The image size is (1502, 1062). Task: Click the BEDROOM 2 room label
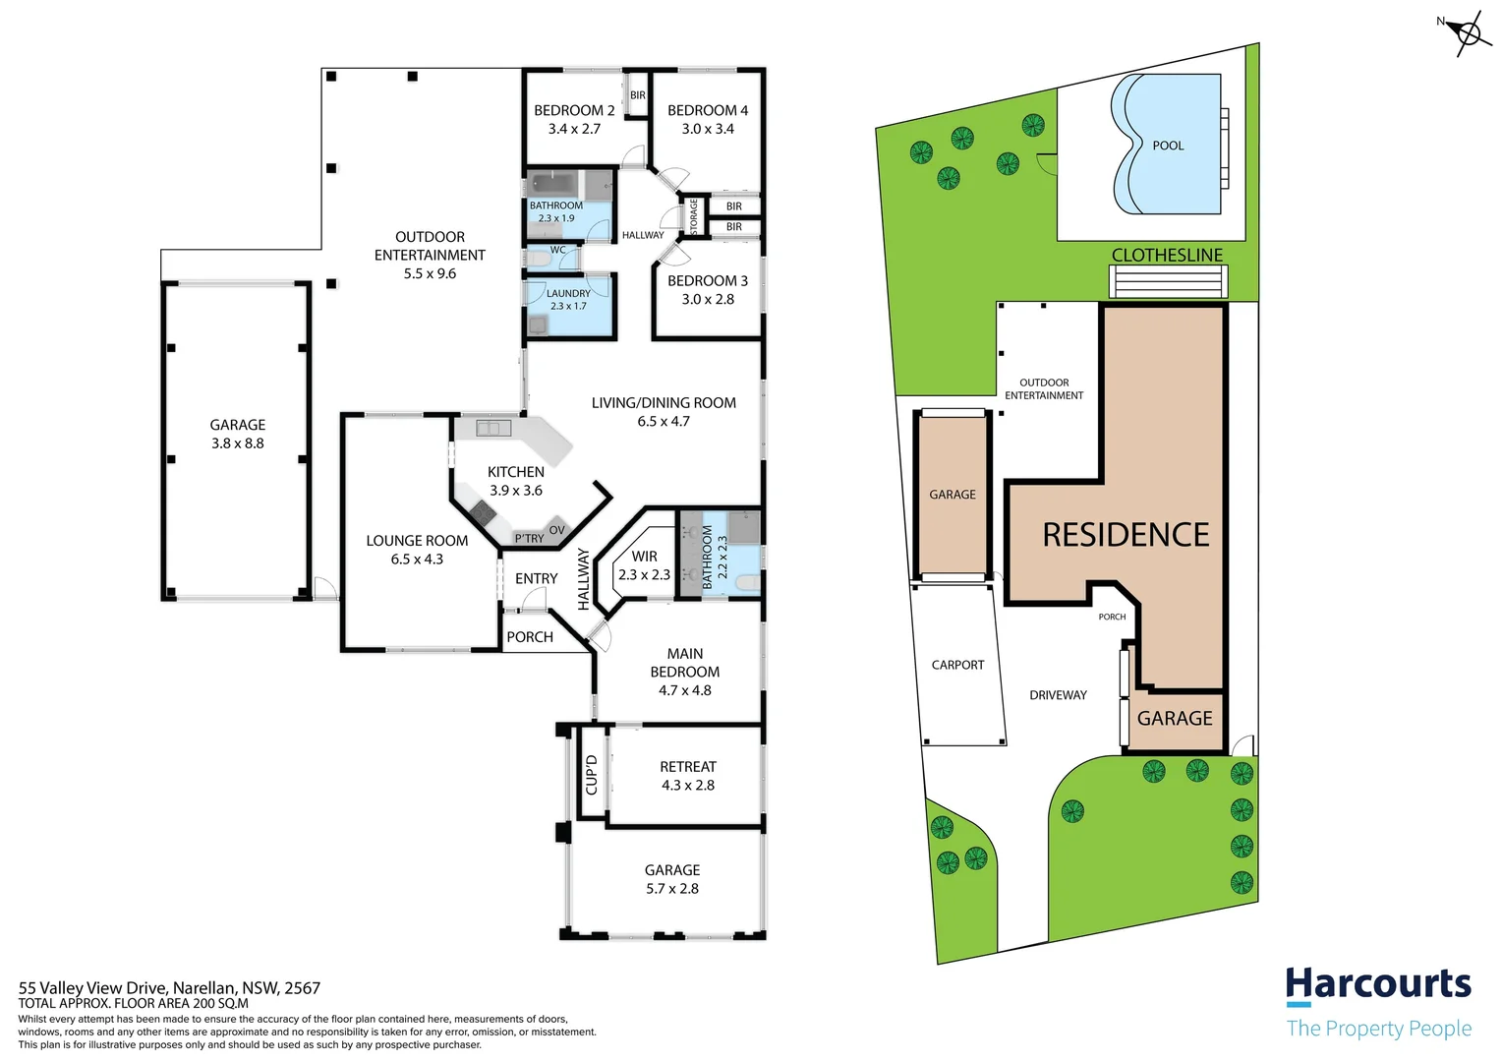click(x=574, y=110)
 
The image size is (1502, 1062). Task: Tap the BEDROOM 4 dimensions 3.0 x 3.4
click(x=708, y=129)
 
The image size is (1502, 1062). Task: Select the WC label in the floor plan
click(x=557, y=250)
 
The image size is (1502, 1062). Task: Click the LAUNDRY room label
click(x=568, y=293)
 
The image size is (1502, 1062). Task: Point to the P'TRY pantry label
click(x=529, y=538)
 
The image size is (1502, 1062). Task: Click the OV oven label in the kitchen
click(x=557, y=530)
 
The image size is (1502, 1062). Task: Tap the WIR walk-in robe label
click(x=644, y=557)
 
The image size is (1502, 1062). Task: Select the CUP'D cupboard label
click(x=591, y=774)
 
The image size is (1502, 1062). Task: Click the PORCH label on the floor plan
click(x=530, y=637)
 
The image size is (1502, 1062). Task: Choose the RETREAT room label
click(x=688, y=767)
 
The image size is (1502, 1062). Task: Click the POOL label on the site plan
click(x=1168, y=146)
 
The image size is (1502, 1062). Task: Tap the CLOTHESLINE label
click(x=1167, y=255)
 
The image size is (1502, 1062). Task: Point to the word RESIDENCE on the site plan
click(x=1126, y=535)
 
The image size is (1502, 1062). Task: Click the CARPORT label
click(x=957, y=666)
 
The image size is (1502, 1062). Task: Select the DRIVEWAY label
click(x=1058, y=695)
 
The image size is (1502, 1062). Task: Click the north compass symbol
click(x=1468, y=33)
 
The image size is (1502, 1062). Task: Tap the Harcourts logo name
click(x=1378, y=983)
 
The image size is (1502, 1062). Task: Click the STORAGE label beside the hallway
click(x=693, y=216)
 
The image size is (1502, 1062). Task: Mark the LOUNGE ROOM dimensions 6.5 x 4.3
click(x=417, y=560)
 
